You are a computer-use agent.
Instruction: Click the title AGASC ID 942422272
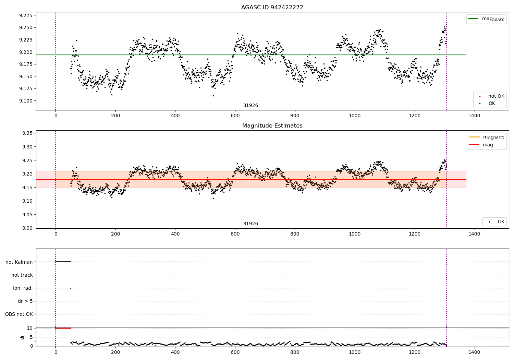click(272, 7)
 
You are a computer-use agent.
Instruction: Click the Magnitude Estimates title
click(272, 125)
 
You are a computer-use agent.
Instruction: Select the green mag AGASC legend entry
click(486, 19)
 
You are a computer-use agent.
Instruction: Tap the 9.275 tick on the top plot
click(25, 15)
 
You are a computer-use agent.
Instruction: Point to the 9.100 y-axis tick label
click(25, 101)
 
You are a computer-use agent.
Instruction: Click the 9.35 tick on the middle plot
click(27, 133)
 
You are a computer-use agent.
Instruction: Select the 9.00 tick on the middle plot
click(27, 228)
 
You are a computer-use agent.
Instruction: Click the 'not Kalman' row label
click(19, 262)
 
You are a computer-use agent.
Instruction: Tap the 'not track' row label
click(22, 275)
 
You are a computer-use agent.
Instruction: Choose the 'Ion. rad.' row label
click(23, 288)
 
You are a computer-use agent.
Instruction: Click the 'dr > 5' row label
click(25, 301)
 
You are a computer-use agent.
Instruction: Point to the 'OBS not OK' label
click(19, 314)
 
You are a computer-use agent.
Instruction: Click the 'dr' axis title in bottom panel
click(22, 337)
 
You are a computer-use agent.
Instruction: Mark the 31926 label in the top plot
click(250, 105)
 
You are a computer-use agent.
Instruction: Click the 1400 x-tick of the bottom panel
click(474, 352)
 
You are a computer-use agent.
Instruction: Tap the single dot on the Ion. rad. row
click(70, 288)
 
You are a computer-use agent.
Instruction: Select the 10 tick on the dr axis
click(30, 328)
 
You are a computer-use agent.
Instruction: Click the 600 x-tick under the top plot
click(235, 116)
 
